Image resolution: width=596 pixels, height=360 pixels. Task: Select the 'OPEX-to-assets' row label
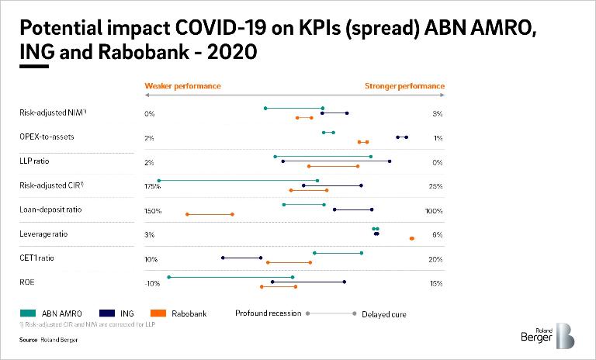click(x=47, y=137)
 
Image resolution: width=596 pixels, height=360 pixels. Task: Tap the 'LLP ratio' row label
click(x=35, y=161)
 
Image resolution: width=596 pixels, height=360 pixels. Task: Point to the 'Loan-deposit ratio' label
click(x=50, y=209)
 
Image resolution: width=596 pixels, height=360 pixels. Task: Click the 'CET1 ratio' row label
click(x=37, y=258)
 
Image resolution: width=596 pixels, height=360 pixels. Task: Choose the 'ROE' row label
click(x=27, y=282)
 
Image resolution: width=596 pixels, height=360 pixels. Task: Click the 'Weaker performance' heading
click(x=182, y=86)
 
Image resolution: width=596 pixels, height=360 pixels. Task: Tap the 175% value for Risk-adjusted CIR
click(x=152, y=186)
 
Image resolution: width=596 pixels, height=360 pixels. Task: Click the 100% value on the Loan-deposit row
click(x=434, y=211)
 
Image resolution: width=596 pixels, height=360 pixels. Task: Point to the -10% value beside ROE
click(x=152, y=283)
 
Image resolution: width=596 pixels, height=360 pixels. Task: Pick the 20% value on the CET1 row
click(x=435, y=259)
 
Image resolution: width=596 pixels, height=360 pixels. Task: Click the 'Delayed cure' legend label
click(x=384, y=314)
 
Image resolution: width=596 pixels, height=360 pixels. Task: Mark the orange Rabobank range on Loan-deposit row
click(x=210, y=214)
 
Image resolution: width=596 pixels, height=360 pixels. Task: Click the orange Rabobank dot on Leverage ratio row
click(x=412, y=238)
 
